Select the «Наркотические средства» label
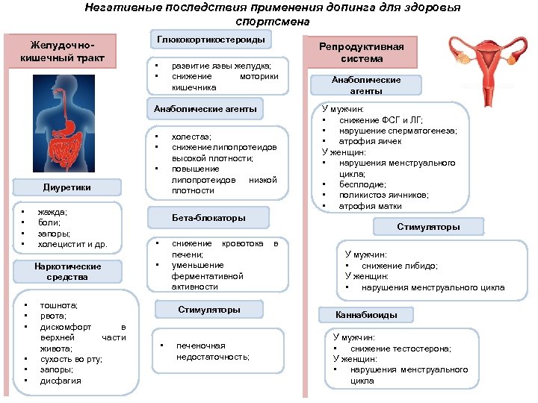[x=67, y=272]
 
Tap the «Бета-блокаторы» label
[x=209, y=218]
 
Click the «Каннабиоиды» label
[x=356, y=315]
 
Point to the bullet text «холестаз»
[x=191, y=137]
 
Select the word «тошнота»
[x=59, y=305]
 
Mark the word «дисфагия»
[x=61, y=381]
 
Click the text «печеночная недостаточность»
[x=212, y=352]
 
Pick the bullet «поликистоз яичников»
[x=386, y=195]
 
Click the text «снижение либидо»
[x=399, y=266]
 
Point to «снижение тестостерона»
[x=401, y=349]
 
